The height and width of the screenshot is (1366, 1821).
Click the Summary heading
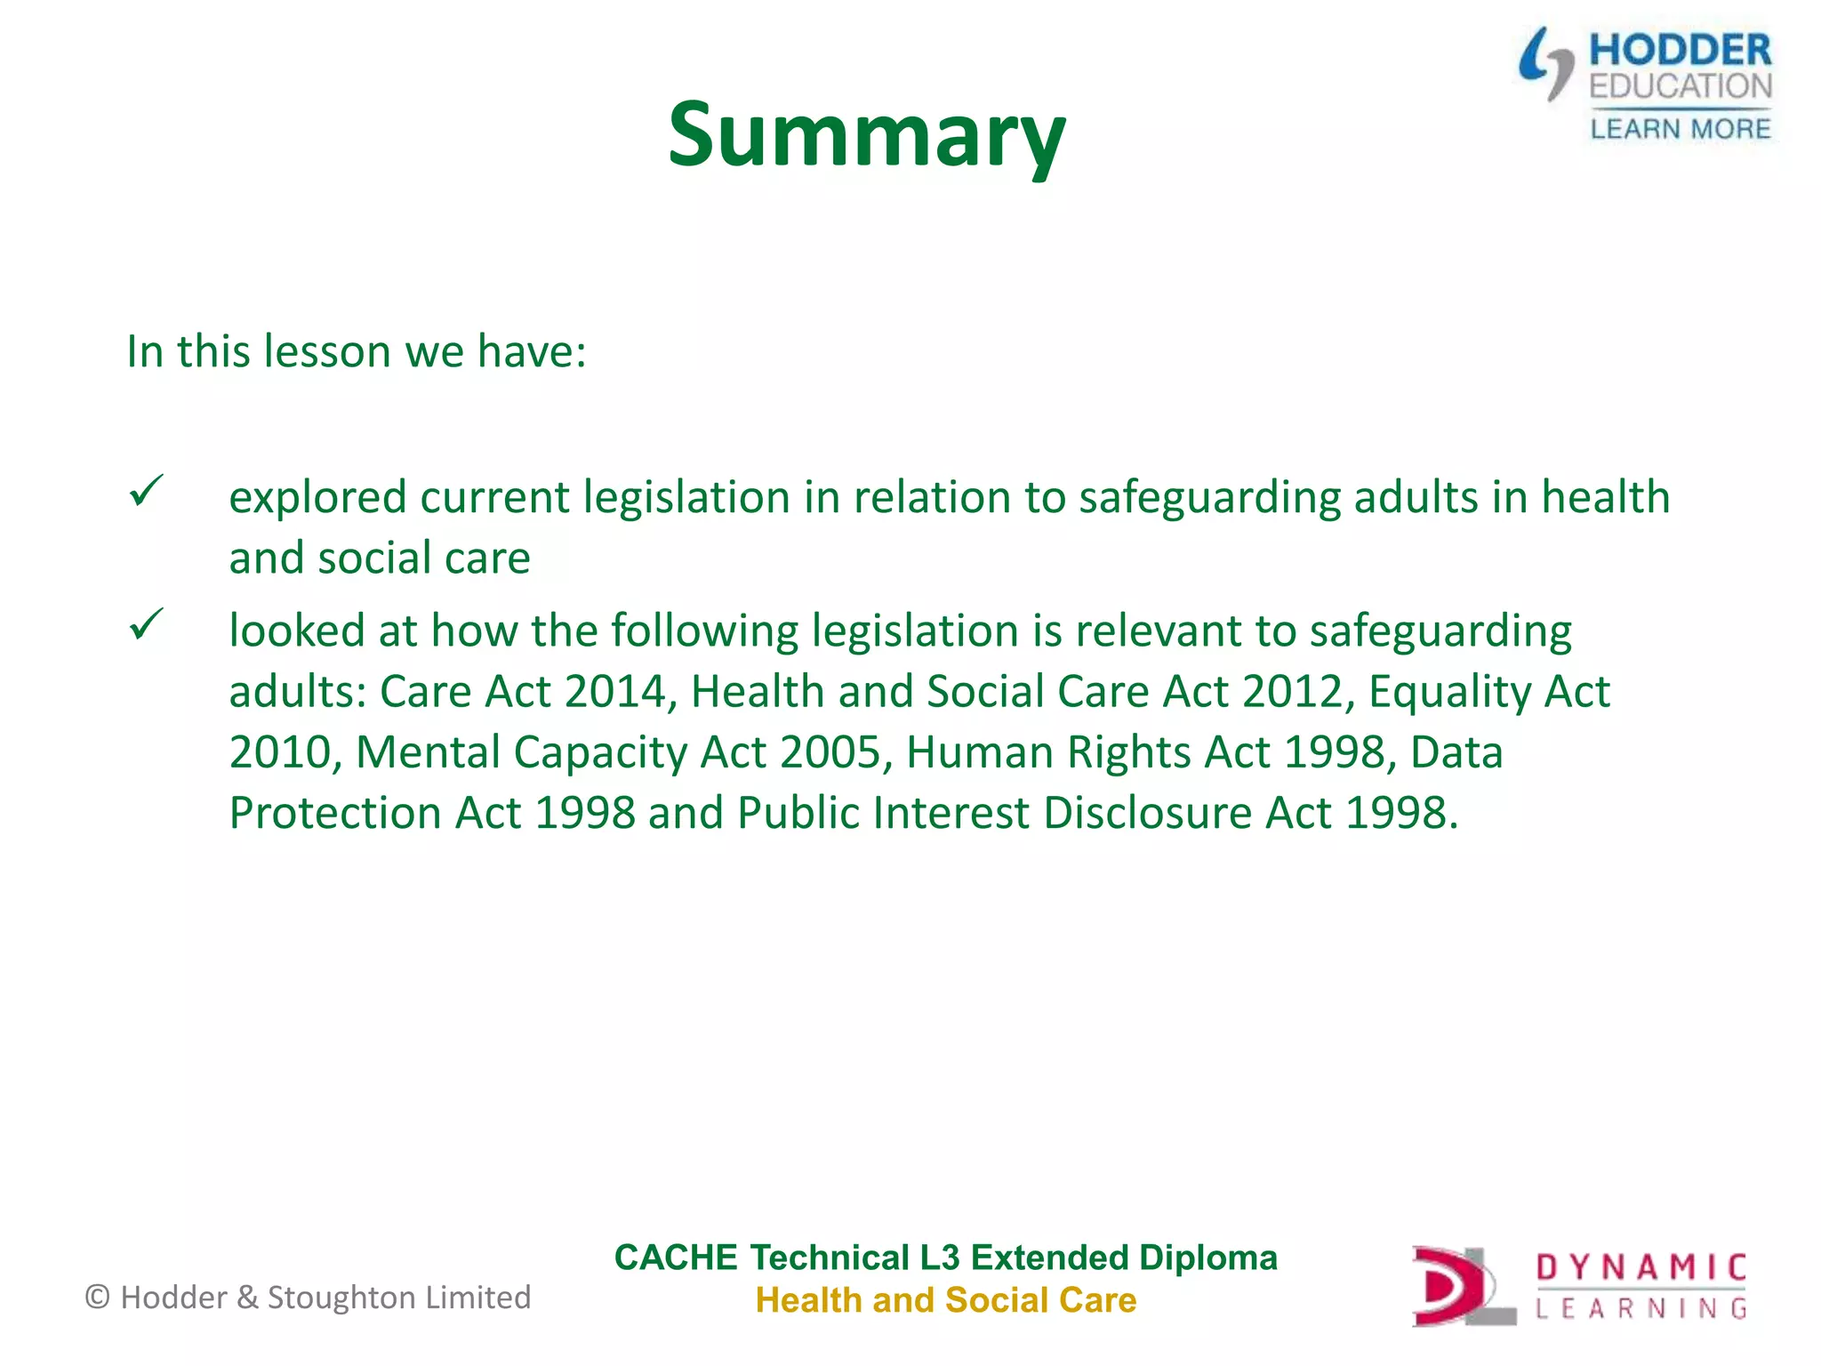(867, 135)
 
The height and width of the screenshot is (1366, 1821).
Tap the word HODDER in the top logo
(1680, 51)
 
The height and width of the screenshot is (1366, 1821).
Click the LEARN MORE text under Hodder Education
(1680, 129)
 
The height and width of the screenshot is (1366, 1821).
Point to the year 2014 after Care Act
(614, 692)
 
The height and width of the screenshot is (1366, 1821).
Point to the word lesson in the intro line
(328, 350)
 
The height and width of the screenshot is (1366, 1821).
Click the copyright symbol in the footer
(97, 1298)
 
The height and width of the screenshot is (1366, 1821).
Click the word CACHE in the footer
(676, 1258)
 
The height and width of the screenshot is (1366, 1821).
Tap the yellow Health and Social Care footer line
(946, 1300)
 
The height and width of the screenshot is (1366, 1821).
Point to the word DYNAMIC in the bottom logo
(1641, 1267)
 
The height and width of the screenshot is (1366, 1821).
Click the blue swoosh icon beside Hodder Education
(1545, 62)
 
